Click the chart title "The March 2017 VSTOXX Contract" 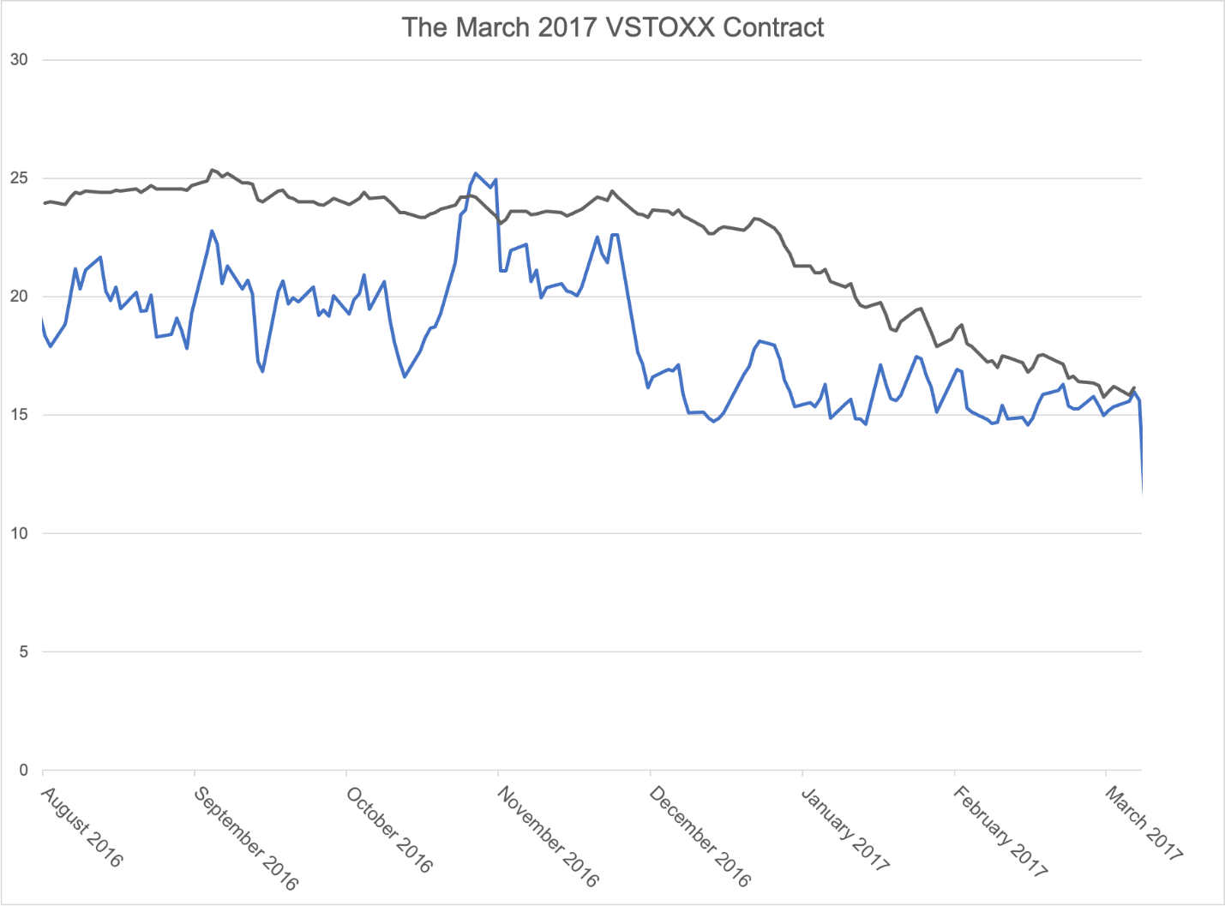tap(613, 27)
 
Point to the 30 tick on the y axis tap(19, 60)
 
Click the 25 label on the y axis tap(19, 178)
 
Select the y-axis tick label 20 tap(19, 297)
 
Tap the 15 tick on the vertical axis tap(19, 415)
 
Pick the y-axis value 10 tap(19, 533)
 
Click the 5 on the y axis tap(23, 651)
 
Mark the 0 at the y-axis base tap(23, 770)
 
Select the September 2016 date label tap(246, 838)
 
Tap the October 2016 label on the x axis tap(389, 829)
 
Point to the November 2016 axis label tap(548, 837)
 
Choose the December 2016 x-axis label tap(700, 837)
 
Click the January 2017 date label tap(845, 829)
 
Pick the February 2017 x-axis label tap(1000, 832)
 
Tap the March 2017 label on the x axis tap(1144, 824)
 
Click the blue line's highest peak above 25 tap(476, 173)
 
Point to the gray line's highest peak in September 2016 tap(213, 170)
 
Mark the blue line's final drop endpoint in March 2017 tap(1142, 493)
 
